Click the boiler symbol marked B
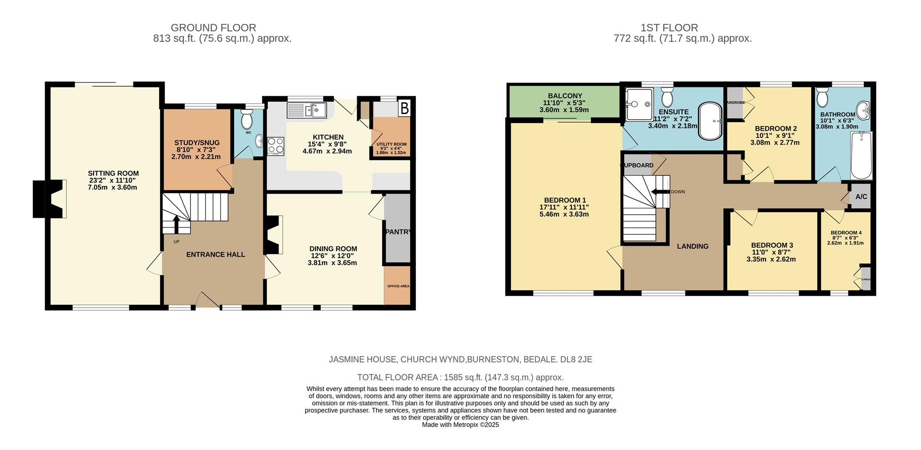tap(404, 109)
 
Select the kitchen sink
tap(307, 110)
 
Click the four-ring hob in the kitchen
tap(276, 146)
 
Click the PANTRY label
tap(398, 232)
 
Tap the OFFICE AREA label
tap(398, 286)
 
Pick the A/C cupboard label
tap(861, 196)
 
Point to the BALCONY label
tap(565, 96)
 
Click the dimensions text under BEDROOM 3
tap(771, 256)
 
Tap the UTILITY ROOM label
tap(391, 144)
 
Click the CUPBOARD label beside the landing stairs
tap(637, 165)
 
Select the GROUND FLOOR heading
tap(213, 28)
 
